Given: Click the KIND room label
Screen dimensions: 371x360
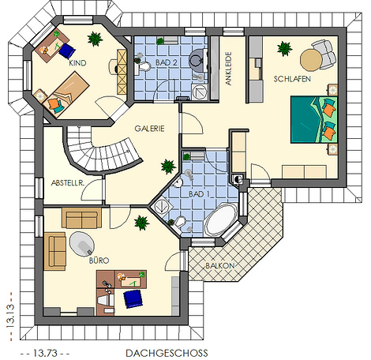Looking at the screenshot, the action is pyautogui.click(x=77, y=63).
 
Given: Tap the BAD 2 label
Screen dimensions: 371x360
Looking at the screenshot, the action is pyautogui.click(x=167, y=62).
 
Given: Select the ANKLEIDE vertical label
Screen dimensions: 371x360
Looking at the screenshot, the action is pyautogui.click(x=229, y=69).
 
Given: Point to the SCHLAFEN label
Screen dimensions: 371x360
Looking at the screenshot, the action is pyautogui.click(x=292, y=79).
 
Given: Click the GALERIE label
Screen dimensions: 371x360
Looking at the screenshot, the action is pyautogui.click(x=149, y=129).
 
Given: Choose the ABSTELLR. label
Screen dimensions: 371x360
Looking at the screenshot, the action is pyautogui.click(x=68, y=183).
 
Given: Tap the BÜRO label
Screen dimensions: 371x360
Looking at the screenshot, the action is pyautogui.click(x=99, y=261).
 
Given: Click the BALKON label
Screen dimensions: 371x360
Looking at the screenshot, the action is pyautogui.click(x=220, y=266).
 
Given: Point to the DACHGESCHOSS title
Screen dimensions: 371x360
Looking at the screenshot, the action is pyautogui.click(x=167, y=353).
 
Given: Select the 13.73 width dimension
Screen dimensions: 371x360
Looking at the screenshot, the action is pyautogui.click(x=45, y=353).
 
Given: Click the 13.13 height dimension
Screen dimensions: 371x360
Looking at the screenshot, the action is pyautogui.click(x=10, y=316).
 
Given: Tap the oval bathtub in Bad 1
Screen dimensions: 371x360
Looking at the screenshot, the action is pyautogui.click(x=220, y=219).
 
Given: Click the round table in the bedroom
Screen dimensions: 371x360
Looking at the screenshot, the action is pyautogui.click(x=311, y=60).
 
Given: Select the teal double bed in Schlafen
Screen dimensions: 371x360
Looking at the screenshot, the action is pyautogui.click(x=314, y=120).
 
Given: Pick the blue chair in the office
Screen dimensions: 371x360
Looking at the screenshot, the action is pyautogui.click(x=133, y=298).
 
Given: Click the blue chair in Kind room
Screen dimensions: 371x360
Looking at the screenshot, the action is pyautogui.click(x=67, y=51).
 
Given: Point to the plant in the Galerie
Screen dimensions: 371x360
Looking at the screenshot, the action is pyautogui.click(x=168, y=166).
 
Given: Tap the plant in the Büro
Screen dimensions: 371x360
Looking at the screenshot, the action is pyautogui.click(x=142, y=223).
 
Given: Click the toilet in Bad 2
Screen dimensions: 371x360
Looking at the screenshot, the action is pyautogui.click(x=142, y=66).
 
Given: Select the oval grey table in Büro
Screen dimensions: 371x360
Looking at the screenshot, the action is pyautogui.click(x=82, y=244).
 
